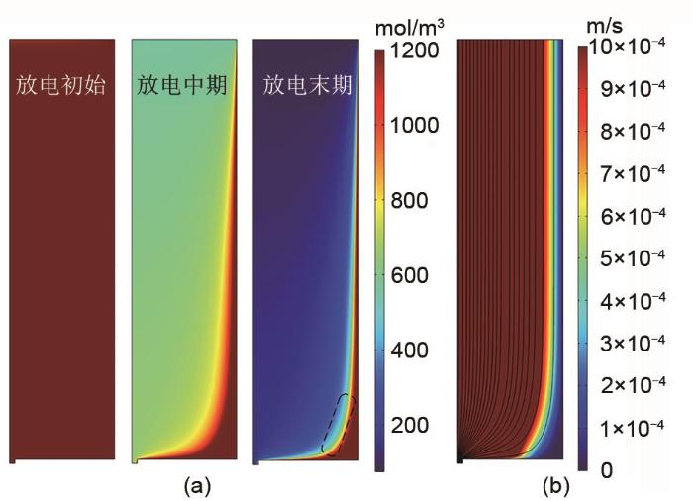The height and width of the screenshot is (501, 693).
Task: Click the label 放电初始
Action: [60, 85]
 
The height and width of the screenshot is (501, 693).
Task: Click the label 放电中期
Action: [183, 85]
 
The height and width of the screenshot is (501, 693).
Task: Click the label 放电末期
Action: [308, 85]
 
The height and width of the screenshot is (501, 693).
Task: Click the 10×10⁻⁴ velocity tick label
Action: [635, 48]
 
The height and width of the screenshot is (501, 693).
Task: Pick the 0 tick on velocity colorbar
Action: [606, 468]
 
